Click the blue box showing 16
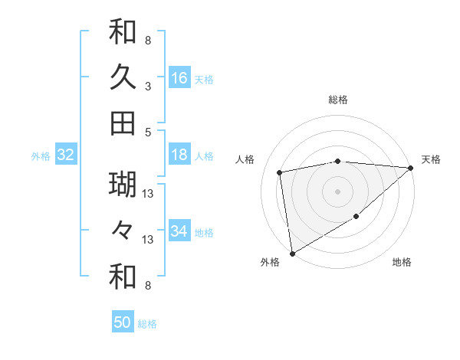click(179, 77)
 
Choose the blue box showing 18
click(179, 155)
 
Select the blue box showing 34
click(179, 231)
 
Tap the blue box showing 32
click(66, 155)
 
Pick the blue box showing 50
click(123, 322)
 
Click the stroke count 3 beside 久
click(147, 87)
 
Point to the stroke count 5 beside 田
click(147, 132)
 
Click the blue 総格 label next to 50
click(147, 324)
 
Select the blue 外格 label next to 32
click(41, 156)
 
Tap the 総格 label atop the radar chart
click(338, 100)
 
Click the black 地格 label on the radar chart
click(402, 263)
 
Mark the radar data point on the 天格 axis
click(410, 168)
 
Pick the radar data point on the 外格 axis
click(292, 253)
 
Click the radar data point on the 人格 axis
click(281, 172)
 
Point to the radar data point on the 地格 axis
click(356, 218)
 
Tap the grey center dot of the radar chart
click(338, 191)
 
